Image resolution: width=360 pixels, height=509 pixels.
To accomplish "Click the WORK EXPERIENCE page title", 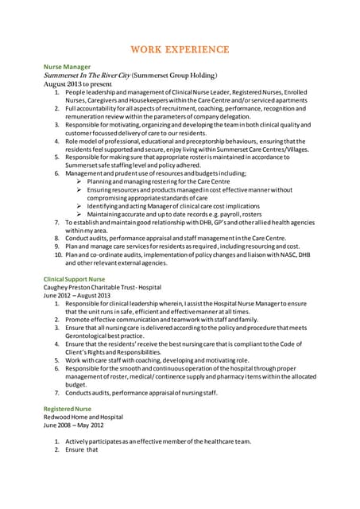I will coord(179,49).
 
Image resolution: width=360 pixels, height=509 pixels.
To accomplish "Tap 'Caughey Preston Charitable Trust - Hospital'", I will coord(102,287).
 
